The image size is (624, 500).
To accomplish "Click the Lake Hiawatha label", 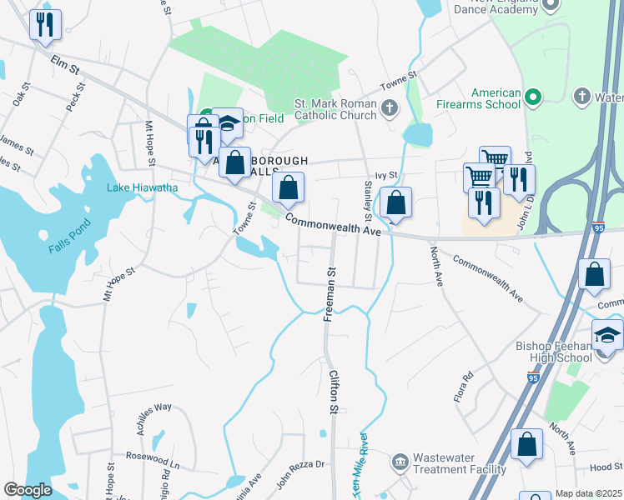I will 142,187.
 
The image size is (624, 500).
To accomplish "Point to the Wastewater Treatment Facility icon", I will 400,461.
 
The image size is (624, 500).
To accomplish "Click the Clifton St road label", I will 332,392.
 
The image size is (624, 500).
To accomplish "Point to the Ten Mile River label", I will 359,462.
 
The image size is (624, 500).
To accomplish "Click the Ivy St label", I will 387,175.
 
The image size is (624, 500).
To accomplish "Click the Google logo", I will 28,490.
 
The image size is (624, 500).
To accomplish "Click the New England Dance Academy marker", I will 550,6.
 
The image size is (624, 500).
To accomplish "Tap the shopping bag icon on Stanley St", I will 396,202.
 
